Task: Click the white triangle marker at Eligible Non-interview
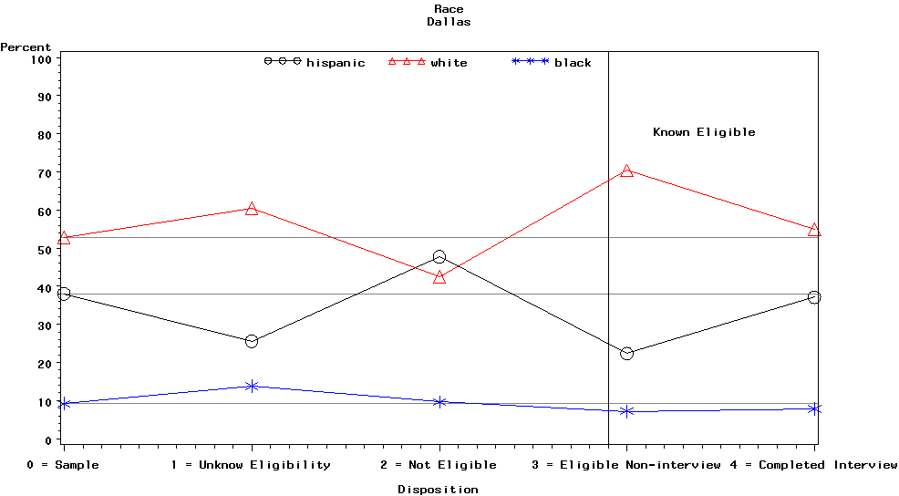(626, 170)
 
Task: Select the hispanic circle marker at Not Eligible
(439, 257)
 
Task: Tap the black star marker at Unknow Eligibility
(252, 386)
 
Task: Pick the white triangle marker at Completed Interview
(814, 230)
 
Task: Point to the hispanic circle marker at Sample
(64, 294)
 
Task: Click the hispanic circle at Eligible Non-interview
(626, 353)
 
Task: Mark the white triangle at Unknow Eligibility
(252, 209)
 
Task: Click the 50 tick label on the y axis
(43, 249)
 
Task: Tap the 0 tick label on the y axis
(47, 440)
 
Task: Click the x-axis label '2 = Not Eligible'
(439, 465)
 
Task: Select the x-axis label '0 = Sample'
(63, 465)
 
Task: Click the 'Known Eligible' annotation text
(704, 132)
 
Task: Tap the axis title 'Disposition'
(438, 490)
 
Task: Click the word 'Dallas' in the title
(449, 22)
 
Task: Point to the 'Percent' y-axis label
(26, 47)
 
